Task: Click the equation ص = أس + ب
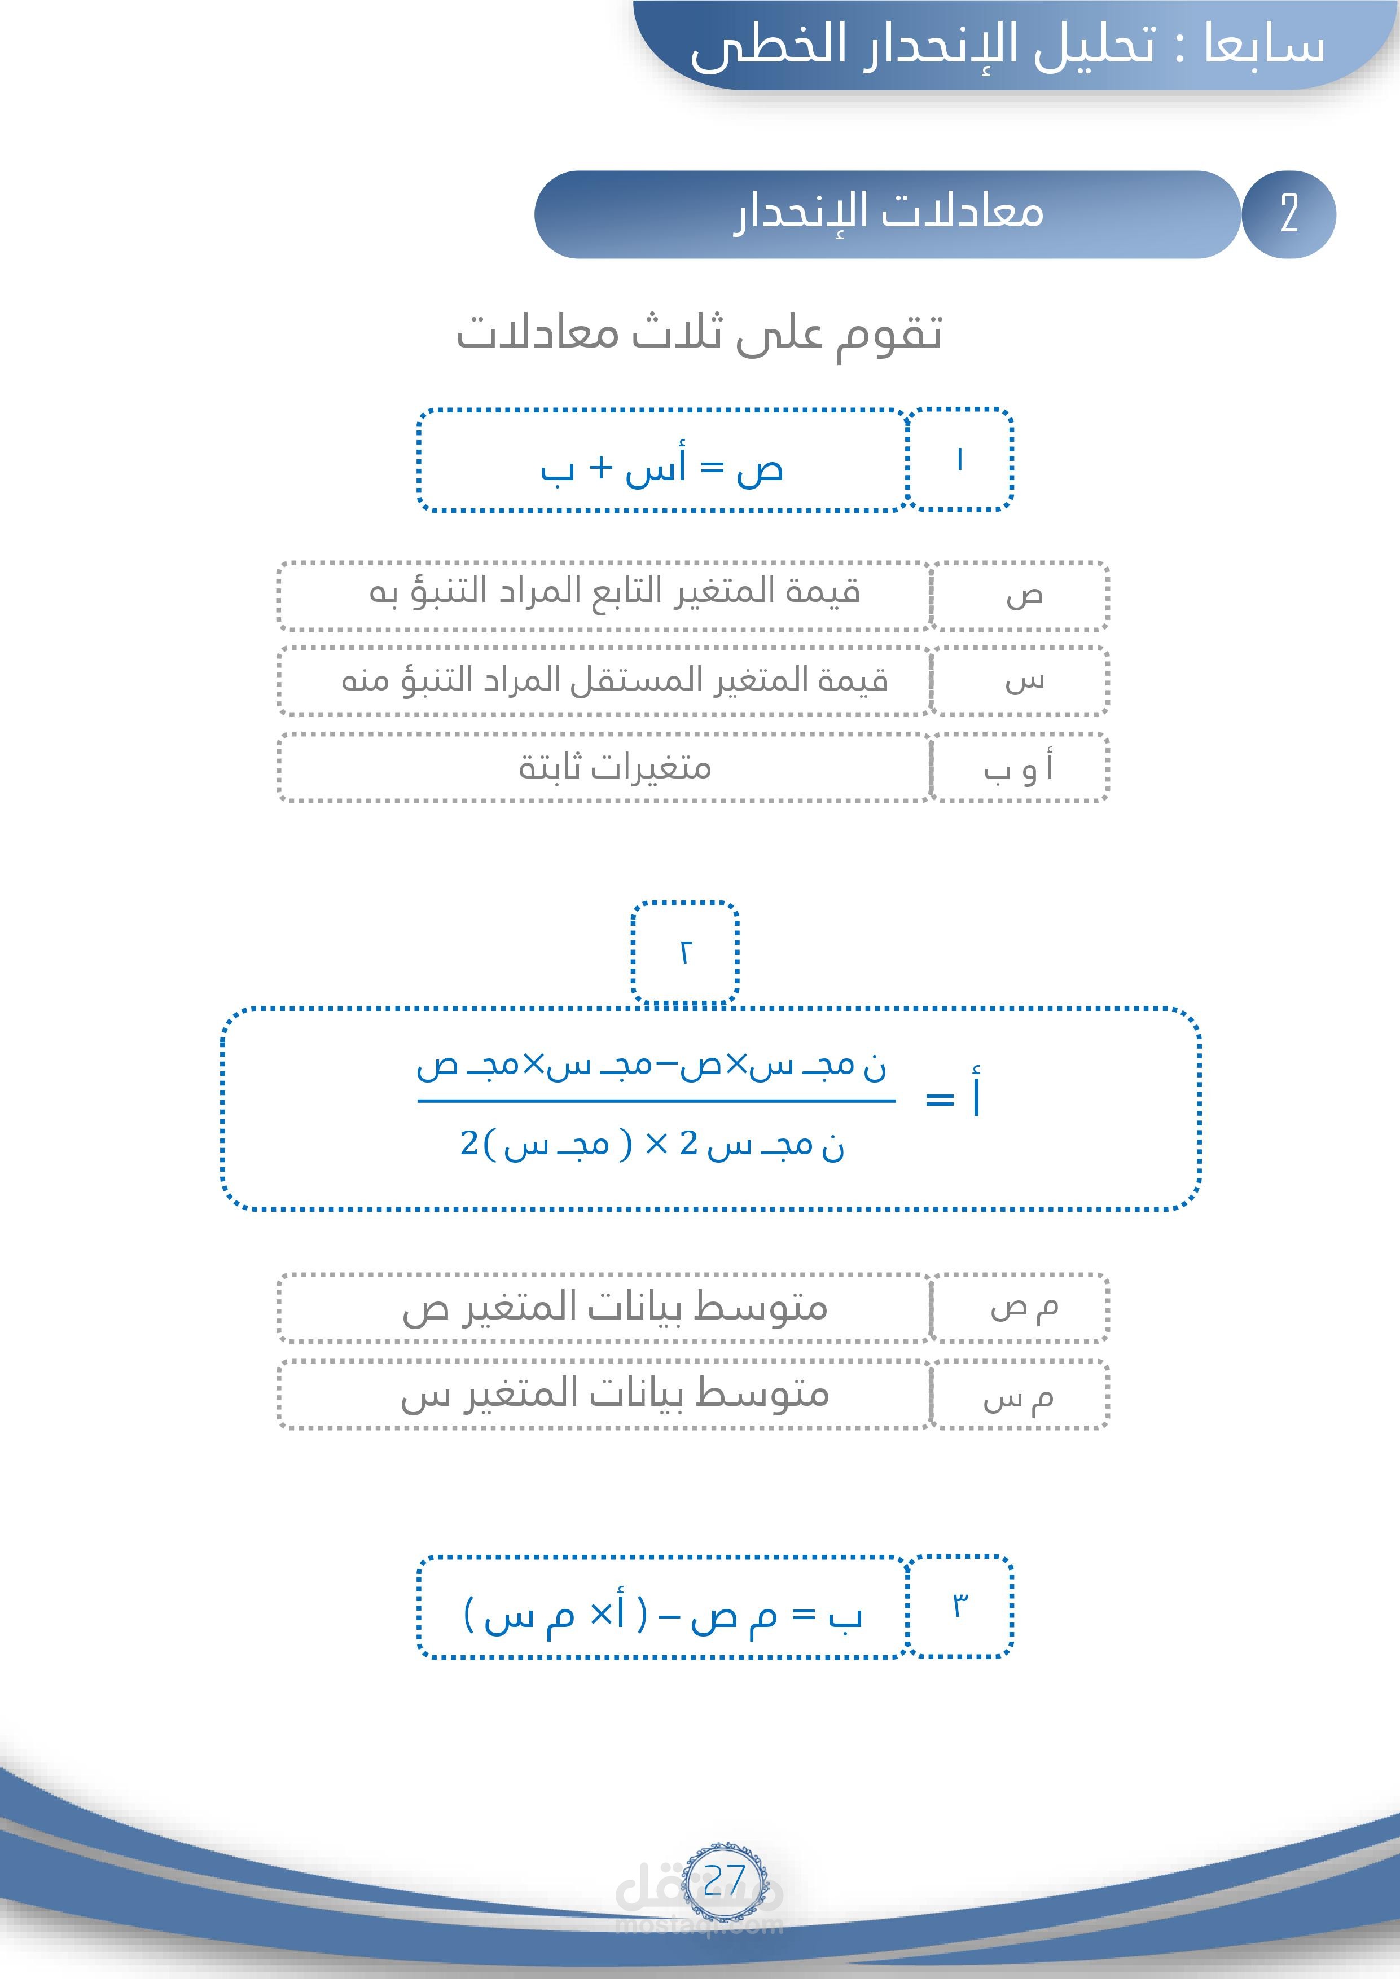pos(662,469)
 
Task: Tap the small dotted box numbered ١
pos(959,459)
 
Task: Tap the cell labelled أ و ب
pos(1019,768)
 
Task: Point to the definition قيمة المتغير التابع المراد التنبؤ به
pos(615,593)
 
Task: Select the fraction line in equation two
pos(655,1101)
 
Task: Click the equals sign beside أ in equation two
pos(940,1100)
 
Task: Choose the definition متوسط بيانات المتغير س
pos(615,1395)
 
